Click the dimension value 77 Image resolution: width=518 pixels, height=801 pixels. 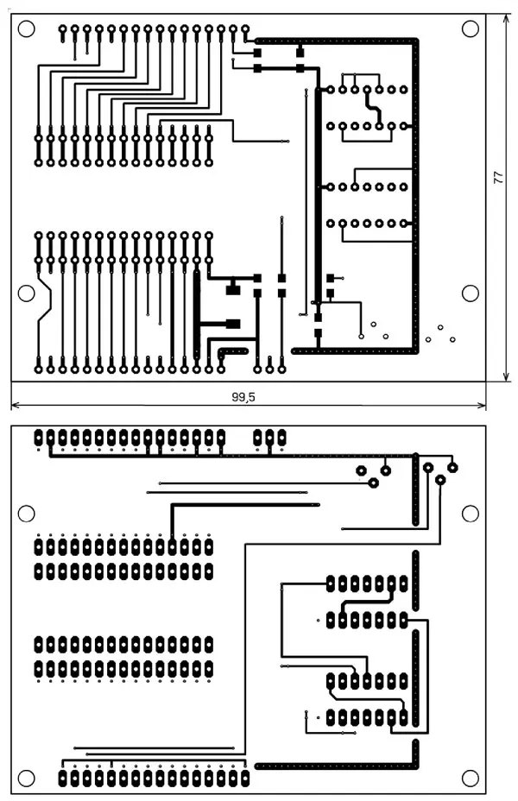coord(498,177)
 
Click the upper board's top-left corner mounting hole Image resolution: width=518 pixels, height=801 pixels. coord(26,28)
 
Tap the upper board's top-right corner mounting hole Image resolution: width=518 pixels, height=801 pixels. coord(471,28)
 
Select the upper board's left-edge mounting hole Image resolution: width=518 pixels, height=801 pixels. coord(26,293)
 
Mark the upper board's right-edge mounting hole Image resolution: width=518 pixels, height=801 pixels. coord(471,293)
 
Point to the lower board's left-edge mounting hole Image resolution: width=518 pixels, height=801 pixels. coord(26,514)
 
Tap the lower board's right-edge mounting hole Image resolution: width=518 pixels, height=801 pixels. coord(471,514)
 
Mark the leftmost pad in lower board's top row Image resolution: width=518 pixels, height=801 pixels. coord(39,438)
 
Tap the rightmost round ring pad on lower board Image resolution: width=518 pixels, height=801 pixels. coord(452,467)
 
